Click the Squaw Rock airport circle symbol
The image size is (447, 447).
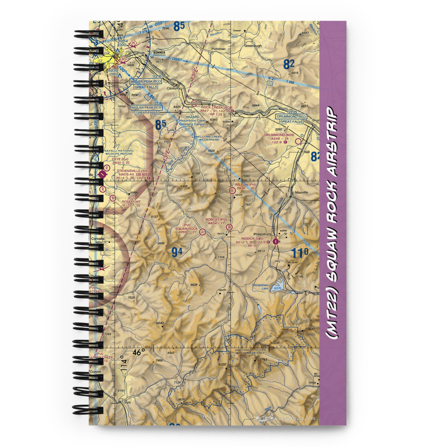pos(202,232)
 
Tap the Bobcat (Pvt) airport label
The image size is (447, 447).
pos(216,219)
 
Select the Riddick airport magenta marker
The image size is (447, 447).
pos(275,241)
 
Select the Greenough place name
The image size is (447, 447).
pos(253,46)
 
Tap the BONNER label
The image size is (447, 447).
pos(159,52)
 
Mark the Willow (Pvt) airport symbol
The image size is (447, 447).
pos(232,190)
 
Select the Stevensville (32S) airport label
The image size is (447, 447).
pos(132,170)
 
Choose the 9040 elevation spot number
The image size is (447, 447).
pos(160,323)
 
